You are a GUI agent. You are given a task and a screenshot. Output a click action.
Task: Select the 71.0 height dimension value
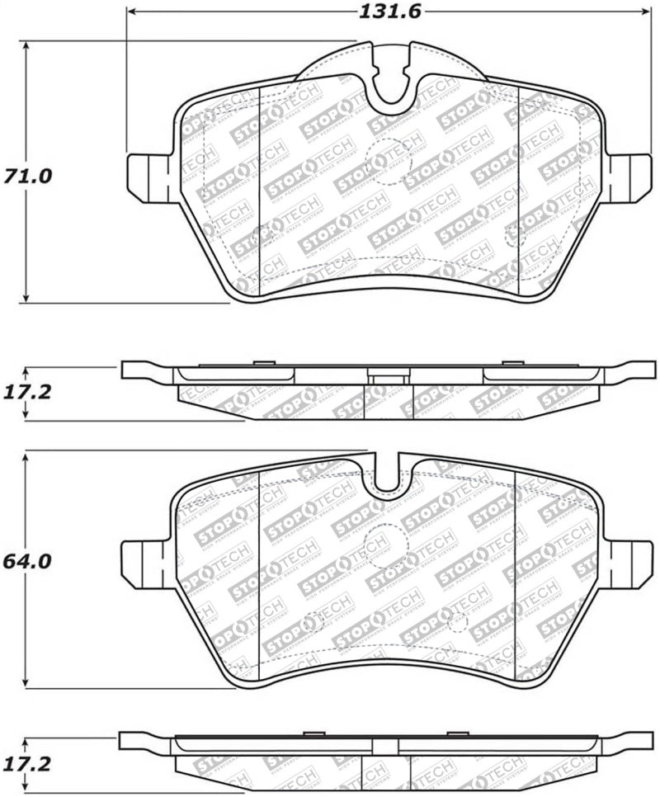tap(27, 176)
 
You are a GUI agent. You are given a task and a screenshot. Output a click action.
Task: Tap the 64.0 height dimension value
tap(27, 561)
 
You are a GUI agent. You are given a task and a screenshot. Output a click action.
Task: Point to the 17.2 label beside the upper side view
tap(27, 392)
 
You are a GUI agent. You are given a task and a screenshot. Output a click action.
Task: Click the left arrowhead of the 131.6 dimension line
tap(132, 12)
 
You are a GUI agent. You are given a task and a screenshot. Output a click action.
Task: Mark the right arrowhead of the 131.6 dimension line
tap(641, 12)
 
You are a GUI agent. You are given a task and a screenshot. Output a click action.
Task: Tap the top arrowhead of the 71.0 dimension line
tap(27, 46)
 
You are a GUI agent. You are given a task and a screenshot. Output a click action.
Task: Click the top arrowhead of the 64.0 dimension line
tap(27, 456)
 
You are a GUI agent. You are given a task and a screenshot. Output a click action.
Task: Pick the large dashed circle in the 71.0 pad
tap(390, 162)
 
